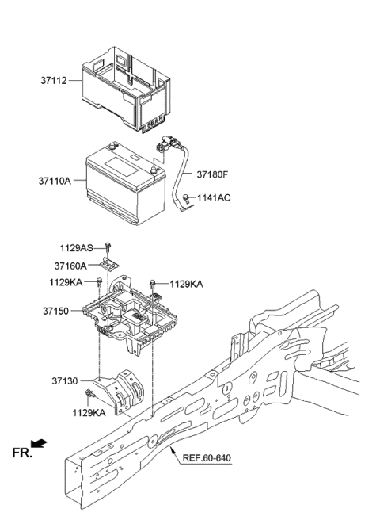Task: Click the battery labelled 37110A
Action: click(x=119, y=182)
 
